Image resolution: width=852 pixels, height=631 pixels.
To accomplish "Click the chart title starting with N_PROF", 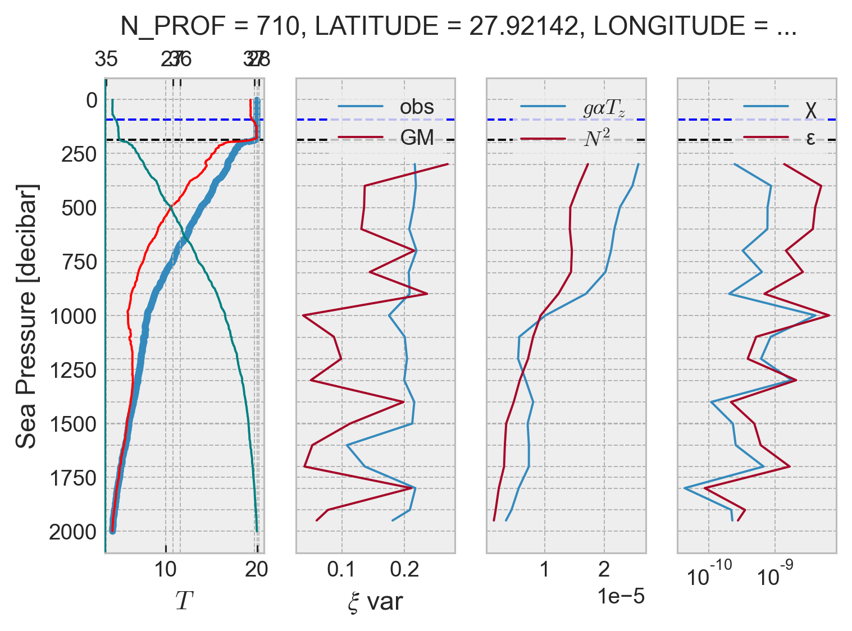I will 458,26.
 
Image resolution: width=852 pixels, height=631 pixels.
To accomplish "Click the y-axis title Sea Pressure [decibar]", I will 26,316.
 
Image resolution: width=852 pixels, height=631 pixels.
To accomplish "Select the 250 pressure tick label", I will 79,154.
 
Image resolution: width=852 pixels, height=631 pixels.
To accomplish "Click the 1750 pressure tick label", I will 74,479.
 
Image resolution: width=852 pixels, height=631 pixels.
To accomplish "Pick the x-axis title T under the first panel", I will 184,601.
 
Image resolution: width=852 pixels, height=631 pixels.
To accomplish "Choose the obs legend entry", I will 416,107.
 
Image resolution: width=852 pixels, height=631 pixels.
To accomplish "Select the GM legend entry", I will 417,137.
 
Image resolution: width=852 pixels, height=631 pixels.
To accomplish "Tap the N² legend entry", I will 596,137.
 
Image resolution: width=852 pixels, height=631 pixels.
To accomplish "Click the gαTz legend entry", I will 604,108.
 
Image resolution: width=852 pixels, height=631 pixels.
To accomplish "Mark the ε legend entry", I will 810,138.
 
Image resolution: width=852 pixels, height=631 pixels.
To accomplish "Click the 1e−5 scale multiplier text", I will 621,596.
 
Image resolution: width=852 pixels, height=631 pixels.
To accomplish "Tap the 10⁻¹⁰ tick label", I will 709,575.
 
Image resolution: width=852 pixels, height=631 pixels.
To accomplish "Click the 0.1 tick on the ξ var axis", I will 341,570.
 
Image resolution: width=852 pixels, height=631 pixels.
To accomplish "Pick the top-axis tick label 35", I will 106,58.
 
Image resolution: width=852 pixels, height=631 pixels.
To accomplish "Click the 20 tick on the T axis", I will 257,570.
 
